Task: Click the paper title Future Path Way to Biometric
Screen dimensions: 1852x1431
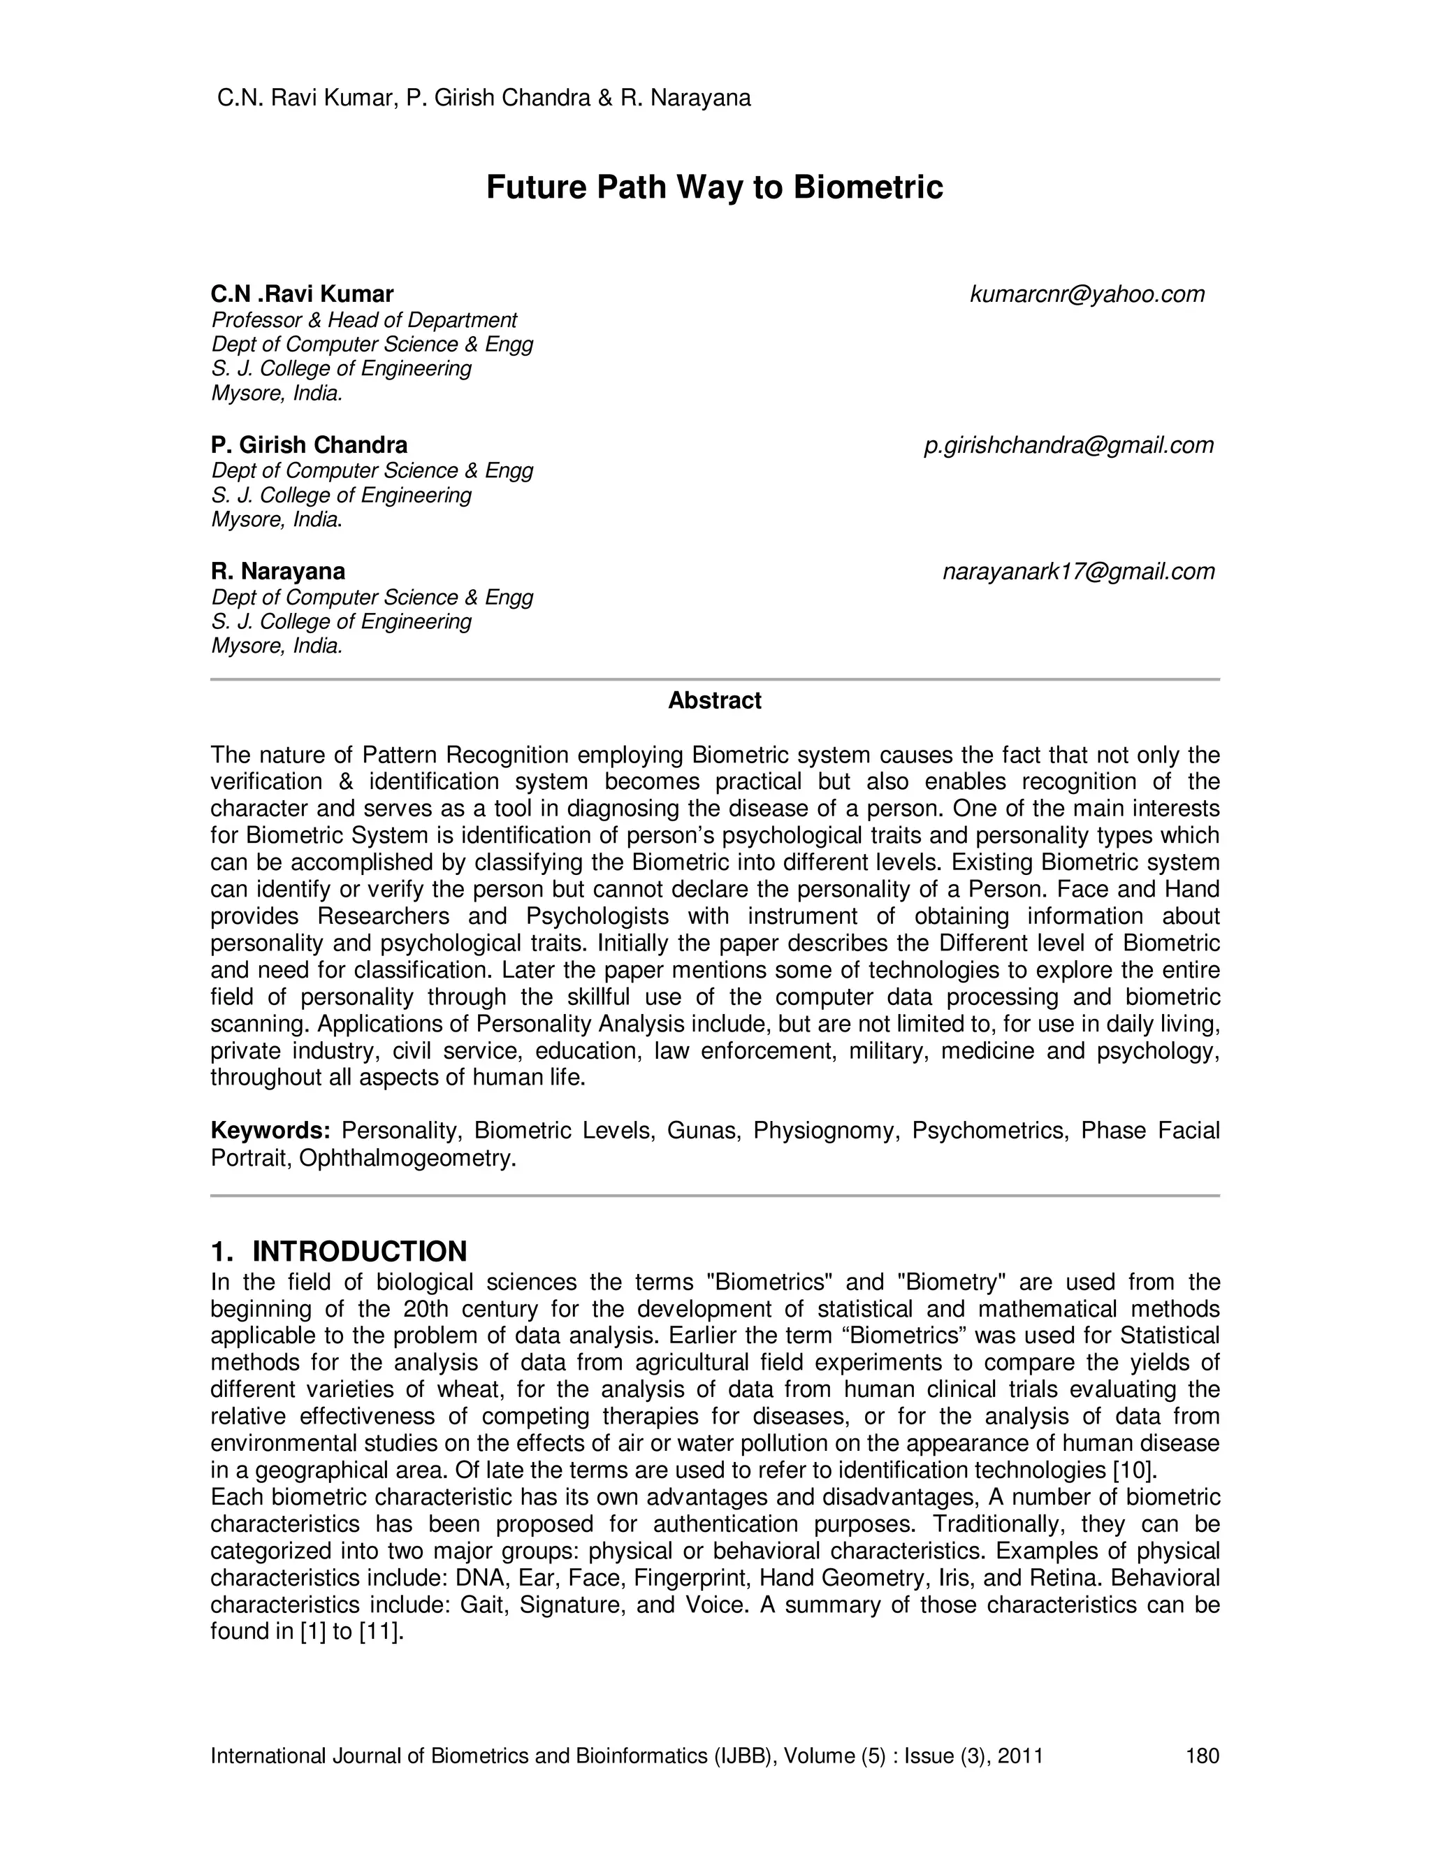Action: [x=714, y=187]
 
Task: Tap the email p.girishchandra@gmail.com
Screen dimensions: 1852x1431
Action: [x=1068, y=445]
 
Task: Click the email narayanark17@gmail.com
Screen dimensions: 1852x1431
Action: [x=1078, y=572]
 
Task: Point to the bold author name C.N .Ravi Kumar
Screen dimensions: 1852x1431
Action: [x=302, y=294]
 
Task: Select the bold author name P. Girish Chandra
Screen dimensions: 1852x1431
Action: [x=309, y=445]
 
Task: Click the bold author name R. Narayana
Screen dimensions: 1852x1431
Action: [x=277, y=572]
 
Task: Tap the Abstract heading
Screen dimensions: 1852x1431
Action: [x=714, y=700]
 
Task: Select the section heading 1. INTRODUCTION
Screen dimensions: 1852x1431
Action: [x=338, y=1252]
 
